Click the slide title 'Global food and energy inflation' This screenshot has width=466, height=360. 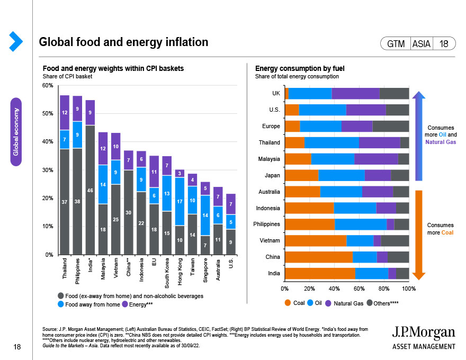[x=123, y=42]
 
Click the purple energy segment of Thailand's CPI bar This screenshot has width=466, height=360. [x=65, y=112]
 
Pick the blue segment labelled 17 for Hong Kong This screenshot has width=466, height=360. [x=180, y=201]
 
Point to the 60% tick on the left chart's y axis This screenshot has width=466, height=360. [x=48, y=86]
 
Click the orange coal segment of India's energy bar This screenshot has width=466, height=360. [x=320, y=273]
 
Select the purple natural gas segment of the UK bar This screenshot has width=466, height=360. [x=355, y=93]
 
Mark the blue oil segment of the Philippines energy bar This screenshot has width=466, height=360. [x=361, y=224]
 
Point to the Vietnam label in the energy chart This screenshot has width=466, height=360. [x=270, y=240]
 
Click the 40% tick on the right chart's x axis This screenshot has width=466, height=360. [x=334, y=289]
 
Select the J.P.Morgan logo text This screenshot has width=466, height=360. [x=423, y=332]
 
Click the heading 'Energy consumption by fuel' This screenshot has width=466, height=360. [x=300, y=69]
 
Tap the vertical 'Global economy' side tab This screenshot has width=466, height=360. [x=16, y=131]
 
